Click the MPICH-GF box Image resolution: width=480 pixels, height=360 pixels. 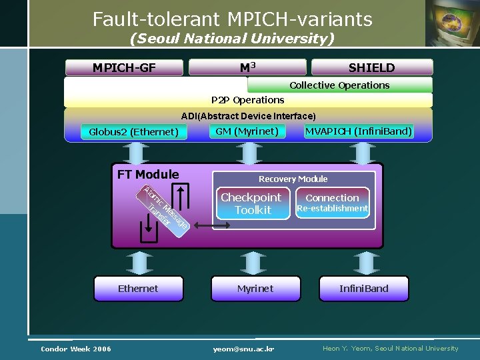tap(124, 67)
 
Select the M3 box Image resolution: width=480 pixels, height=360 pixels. tap(247, 67)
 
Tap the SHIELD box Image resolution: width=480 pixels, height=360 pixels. tap(371, 67)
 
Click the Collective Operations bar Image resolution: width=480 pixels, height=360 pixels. tap(339, 85)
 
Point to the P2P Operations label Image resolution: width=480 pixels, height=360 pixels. tap(247, 100)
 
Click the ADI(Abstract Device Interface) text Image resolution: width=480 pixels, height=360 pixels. tap(248, 116)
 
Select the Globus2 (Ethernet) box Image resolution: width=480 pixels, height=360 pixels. tap(133, 132)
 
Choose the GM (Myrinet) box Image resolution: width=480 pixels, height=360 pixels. tap(247, 131)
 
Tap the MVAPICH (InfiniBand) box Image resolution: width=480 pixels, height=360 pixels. tap(358, 131)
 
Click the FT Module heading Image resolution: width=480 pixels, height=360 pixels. tap(148, 175)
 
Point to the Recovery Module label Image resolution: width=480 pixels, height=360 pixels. tap(293, 179)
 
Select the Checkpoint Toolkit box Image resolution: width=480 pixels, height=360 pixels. tap(251, 203)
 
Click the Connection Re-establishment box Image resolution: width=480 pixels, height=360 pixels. tap(332, 203)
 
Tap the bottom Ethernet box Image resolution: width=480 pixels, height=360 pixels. tap(138, 289)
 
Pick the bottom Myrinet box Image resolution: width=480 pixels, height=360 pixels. tap(255, 289)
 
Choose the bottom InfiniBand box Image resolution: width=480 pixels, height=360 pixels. tap(363, 289)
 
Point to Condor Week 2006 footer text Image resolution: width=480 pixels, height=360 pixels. tap(76, 349)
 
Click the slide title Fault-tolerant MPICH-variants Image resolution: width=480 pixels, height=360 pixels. tap(232, 19)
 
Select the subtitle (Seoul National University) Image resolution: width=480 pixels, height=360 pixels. tap(232, 39)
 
